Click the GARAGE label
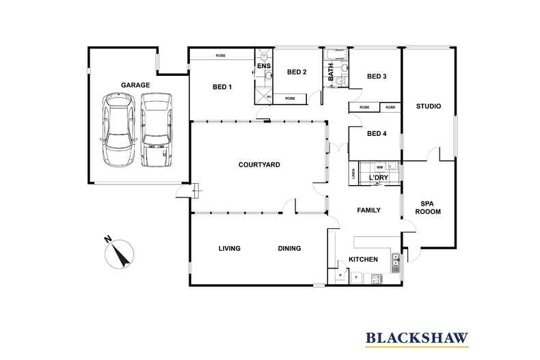[135, 85]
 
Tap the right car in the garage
[155, 130]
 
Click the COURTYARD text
[259, 165]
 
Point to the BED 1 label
[222, 87]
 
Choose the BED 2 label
[297, 72]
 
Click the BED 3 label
[377, 77]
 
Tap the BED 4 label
[377, 134]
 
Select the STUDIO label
[429, 106]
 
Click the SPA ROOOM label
[429, 207]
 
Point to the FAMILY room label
[368, 210]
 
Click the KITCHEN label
[363, 260]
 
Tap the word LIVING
[229, 248]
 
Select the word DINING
[289, 248]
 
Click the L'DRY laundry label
[378, 178]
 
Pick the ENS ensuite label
[264, 66]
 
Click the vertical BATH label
[332, 73]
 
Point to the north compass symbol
[119, 253]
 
